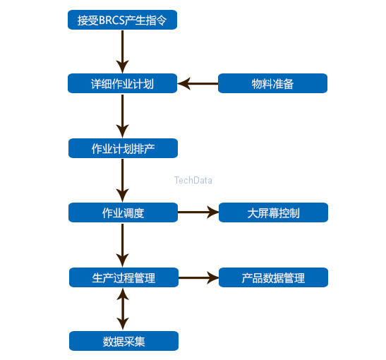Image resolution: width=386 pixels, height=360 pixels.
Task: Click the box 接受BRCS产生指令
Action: coord(122,20)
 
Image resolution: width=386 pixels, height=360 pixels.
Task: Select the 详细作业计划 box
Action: coord(122,84)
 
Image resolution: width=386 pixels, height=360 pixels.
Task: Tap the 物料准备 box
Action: coord(273,84)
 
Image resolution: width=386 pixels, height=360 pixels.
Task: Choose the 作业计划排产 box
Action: coord(123,149)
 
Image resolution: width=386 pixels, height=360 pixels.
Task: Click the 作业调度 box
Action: coord(123,212)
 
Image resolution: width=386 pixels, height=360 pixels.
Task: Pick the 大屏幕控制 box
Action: coord(273,212)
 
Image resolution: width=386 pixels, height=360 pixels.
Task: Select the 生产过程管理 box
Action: coord(123,277)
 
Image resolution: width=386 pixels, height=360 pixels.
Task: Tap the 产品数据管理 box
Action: coord(273,277)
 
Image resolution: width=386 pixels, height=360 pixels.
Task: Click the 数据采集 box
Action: coord(123,342)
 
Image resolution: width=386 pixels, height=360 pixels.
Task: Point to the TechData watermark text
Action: coord(193,181)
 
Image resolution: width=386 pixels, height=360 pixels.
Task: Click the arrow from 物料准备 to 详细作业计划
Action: coord(198,84)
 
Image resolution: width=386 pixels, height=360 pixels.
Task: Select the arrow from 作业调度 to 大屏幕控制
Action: coord(198,212)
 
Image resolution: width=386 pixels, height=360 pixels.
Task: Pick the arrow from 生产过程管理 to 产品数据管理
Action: coord(198,277)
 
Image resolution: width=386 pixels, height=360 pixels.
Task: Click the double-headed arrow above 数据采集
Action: coord(123,309)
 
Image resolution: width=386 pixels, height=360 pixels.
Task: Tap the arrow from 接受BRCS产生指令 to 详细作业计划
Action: coord(122,51)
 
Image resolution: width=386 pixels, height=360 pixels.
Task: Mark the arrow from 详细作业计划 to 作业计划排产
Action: coord(123,116)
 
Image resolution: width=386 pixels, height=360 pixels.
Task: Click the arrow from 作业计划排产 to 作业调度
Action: coord(123,180)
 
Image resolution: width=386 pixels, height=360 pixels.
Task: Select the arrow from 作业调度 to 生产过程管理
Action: coord(123,244)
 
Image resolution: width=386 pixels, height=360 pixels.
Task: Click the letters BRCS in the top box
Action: coord(109,20)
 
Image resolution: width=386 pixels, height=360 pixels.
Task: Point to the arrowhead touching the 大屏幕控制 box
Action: coord(213,212)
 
